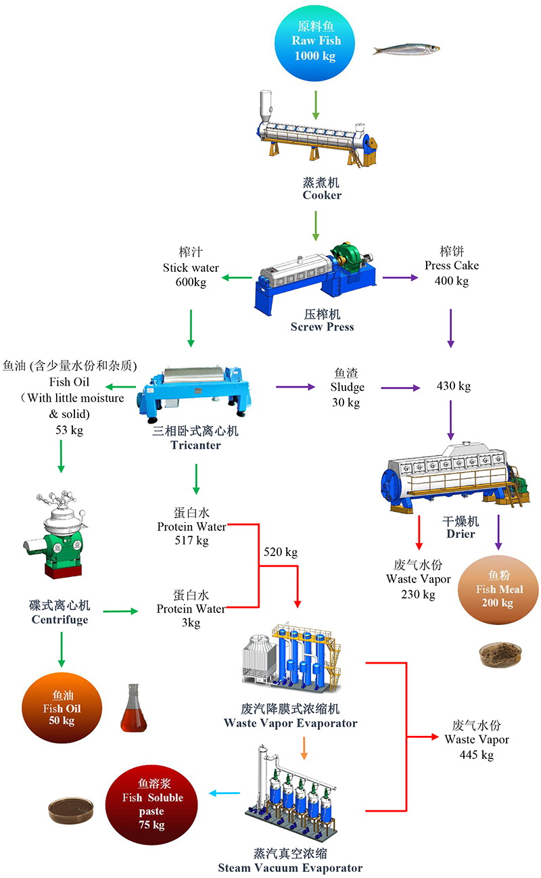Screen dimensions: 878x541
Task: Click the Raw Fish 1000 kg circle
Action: point(315,41)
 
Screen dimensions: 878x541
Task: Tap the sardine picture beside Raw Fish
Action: point(406,49)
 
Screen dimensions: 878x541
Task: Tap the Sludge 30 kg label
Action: point(347,387)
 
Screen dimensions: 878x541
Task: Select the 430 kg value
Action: point(454,387)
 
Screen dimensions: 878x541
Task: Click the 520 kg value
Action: point(281,552)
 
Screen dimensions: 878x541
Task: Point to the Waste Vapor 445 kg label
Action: point(476,739)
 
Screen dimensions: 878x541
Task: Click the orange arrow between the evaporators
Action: point(304,745)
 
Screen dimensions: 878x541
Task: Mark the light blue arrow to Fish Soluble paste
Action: point(221,793)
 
